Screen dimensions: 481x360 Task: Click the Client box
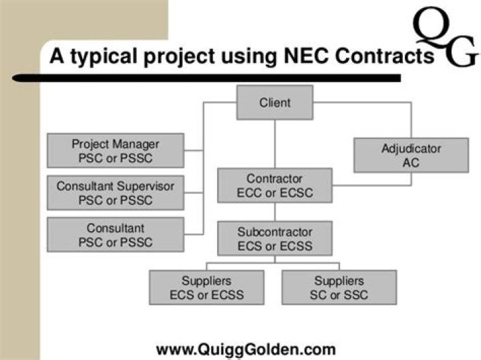pos(275,102)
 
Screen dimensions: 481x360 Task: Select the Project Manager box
pos(116,150)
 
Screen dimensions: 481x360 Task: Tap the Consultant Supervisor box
pos(116,192)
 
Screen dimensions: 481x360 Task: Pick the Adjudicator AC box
pos(411,155)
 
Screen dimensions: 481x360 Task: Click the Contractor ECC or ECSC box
pos(275,185)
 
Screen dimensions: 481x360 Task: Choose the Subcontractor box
pos(275,238)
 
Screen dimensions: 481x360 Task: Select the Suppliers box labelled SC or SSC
pos(339,287)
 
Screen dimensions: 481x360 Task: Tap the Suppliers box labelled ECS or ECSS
pos(206,287)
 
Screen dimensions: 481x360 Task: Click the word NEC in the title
pos(307,56)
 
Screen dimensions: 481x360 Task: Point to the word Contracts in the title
pos(385,56)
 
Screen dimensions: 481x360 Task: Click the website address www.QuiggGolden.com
pos(246,349)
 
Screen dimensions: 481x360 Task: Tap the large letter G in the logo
pos(462,52)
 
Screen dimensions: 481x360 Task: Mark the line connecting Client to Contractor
pos(275,144)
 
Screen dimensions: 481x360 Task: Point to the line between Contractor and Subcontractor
pos(275,212)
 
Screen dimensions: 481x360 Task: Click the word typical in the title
pos(104,57)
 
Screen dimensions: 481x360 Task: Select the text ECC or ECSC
pos(275,193)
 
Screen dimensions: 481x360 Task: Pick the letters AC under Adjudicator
pos(411,163)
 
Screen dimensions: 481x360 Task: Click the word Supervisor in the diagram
pos(146,186)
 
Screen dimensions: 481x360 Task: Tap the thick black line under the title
pos(206,78)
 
